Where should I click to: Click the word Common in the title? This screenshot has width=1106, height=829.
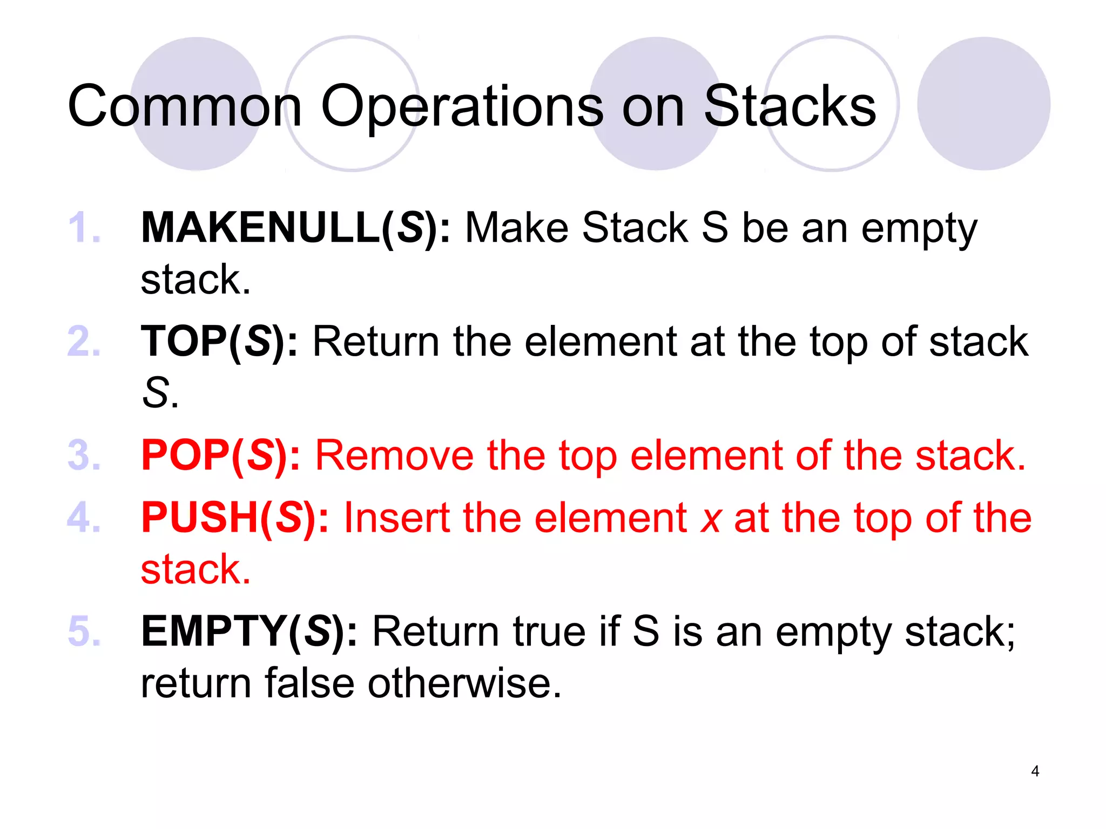click(184, 106)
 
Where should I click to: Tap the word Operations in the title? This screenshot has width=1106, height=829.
click(462, 106)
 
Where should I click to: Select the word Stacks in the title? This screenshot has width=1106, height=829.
click(790, 106)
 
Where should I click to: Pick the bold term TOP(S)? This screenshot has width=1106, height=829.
click(219, 342)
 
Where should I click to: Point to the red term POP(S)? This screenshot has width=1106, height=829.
click(220, 456)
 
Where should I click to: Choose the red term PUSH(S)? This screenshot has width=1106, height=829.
click(235, 518)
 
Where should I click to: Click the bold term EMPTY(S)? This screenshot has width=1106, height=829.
click(249, 631)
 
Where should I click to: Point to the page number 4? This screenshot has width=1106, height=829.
click(1035, 771)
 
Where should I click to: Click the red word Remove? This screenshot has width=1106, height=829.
click(394, 456)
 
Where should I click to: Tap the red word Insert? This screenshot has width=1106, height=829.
click(396, 518)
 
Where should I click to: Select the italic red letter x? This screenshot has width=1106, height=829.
click(711, 519)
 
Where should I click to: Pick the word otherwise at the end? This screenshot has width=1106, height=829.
click(464, 683)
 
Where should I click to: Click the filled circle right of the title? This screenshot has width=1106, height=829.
click(983, 104)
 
